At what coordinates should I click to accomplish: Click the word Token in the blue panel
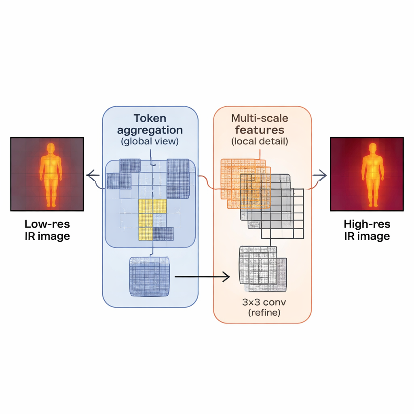click(150, 118)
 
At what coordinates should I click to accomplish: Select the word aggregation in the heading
click(150, 130)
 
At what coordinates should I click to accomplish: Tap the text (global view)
click(150, 142)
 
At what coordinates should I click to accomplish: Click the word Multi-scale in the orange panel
click(260, 118)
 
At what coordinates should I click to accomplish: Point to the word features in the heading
click(260, 130)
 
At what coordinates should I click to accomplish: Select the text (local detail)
click(260, 142)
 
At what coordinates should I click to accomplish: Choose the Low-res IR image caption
click(47, 230)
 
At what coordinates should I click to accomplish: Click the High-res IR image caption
click(367, 230)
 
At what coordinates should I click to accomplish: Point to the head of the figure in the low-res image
click(51, 148)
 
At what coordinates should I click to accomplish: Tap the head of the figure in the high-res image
click(372, 147)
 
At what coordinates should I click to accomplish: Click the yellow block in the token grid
click(152, 218)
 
